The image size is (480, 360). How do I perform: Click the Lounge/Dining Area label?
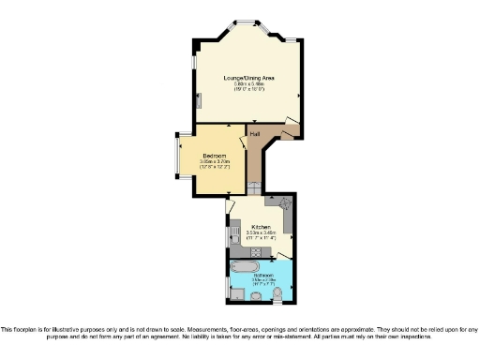[248, 77]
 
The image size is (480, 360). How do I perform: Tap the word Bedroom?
[214, 155]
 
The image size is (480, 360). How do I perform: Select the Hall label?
[254, 134]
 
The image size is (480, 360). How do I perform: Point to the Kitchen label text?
[261, 228]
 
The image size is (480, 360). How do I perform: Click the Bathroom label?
[262, 274]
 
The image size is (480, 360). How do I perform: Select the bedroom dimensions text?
[214, 164]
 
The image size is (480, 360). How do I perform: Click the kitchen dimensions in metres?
[261, 234]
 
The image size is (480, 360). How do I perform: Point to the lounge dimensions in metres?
[248, 83]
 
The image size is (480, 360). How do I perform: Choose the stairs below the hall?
[252, 189]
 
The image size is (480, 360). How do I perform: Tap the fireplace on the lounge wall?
[198, 97]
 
